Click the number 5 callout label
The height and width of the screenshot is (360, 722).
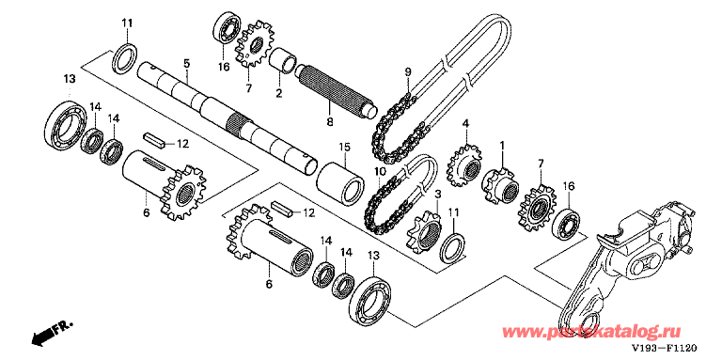pos(186,63)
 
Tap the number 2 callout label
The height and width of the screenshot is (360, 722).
pos(278,93)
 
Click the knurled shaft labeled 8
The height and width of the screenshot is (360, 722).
pos(336,89)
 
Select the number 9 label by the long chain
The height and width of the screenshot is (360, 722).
pos(407,72)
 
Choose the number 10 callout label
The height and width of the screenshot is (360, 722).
pos(380,172)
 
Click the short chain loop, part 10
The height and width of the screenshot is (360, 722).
pos(400,194)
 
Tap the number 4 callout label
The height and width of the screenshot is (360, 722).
pos(466,124)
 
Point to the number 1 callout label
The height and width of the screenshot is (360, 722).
pos(502,145)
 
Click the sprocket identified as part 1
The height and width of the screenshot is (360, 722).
pos(501,185)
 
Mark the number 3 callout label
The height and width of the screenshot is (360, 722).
pos(437,196)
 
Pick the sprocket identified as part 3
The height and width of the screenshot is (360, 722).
pos(425,231)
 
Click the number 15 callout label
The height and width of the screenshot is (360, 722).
pos(344,148)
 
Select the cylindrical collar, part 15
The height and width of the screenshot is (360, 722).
pos(340,182)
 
